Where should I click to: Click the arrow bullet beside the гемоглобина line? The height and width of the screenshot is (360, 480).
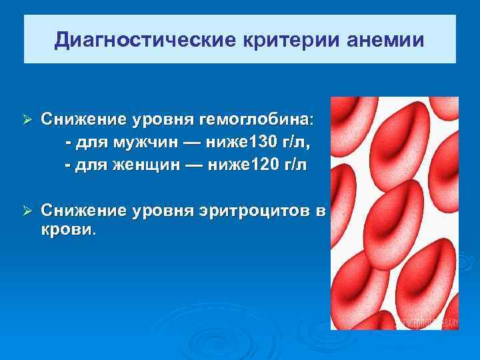tap(27, 120)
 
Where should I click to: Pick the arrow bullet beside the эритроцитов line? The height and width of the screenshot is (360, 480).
tap(27, 211)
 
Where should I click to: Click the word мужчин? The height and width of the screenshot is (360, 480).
tap(147, 142)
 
